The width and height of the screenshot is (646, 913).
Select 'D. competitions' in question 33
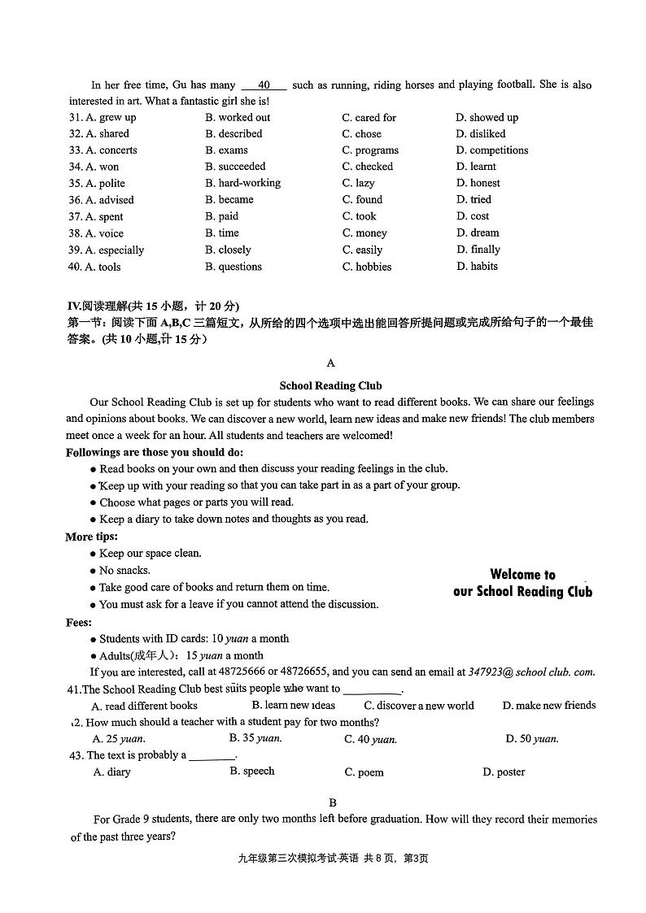pyautogui.click(x=491, y=150)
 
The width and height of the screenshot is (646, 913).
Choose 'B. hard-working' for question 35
pyautogui.click(x=242, y=183)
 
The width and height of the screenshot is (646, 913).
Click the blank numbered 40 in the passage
pyautogui.click(x=264, y=85)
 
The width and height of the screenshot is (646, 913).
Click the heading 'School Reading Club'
pyautogui.click(x=330, y=386)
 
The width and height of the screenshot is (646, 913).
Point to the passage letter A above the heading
pyautogui.click(x=330, y=363)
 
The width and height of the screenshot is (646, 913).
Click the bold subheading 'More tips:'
pyautogui.click(x=92, y=537)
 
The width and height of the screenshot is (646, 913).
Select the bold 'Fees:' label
pyautogui.click(x=80, y=622)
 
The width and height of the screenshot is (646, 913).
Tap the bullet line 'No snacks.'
pyautogui.click(x=124, y=571)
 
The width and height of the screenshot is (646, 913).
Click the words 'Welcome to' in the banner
pyautogui.click(x=522, y=575)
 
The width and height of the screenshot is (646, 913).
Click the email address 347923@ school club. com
pyautogui.click(x=531, y=672)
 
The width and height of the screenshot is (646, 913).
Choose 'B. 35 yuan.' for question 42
pyautogui.click(x=255, y=738)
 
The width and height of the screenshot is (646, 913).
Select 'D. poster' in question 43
pyautogui.click(x=504, y=772)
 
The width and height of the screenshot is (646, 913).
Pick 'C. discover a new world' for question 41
pyautogui.click(x=418, y=706)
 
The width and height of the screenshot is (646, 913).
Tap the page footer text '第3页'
pyautogui.click(x=416, y=859)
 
